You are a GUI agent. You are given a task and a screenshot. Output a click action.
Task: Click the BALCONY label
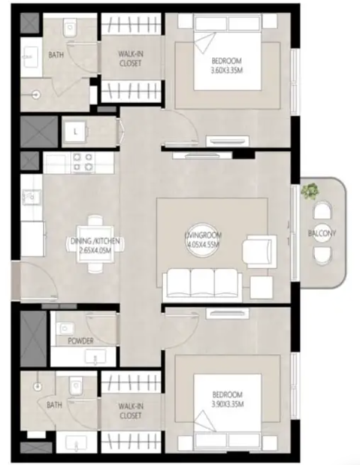(322, 234)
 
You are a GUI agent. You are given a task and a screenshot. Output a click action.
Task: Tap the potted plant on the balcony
(310, 191)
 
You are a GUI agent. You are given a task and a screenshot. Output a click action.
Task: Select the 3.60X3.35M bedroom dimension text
(226, 71)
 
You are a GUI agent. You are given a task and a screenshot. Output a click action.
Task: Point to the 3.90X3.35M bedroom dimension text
(227, 404)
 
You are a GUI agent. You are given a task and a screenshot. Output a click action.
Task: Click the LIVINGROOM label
(203, 235)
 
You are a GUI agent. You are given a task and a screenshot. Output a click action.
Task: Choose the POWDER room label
(80, 341)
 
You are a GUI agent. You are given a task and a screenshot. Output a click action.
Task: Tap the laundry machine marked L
(75, 131)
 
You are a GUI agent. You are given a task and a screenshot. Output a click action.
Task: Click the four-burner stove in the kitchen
(83, 162)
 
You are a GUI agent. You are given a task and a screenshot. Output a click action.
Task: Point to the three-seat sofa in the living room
(202, 283)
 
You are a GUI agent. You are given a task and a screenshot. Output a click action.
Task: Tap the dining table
(95, 244)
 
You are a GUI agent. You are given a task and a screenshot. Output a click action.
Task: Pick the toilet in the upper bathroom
(71, 28)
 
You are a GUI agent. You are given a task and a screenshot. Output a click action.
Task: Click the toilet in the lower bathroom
(74, 386)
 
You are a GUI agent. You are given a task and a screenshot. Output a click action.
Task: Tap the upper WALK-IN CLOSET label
(130, 59)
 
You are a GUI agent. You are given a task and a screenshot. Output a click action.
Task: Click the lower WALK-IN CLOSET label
(131, 411)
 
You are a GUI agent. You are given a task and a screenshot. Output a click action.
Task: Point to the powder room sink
(95, 357)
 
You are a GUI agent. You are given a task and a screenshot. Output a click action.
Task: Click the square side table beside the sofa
(262, 288)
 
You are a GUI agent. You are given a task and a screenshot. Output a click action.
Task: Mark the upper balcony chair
(322, 211)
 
